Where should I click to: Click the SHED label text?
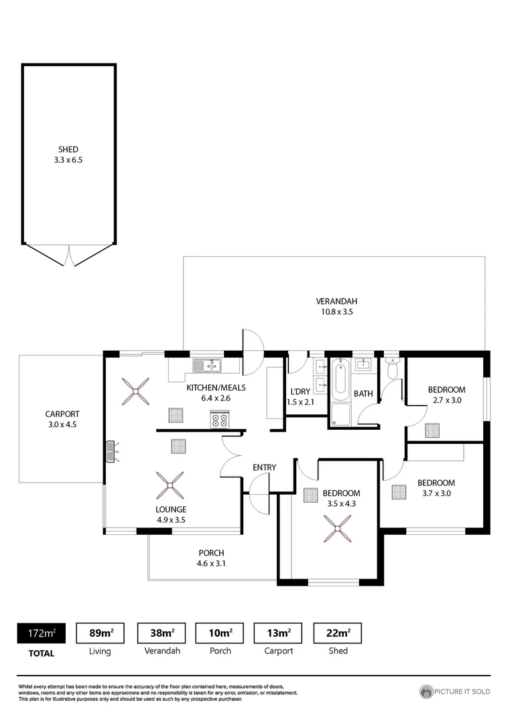[x=68, y=149]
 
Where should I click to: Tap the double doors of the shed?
[x=69, y=254]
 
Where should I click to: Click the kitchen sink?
[x=207, y=366]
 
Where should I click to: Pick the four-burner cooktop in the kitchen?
[x=220, y=420]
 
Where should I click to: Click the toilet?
[x=393, y=368]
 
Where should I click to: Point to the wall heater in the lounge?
[x=112, y=452]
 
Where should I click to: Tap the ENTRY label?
[x=264, y=467]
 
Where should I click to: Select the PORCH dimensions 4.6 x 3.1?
[x=210, y=564]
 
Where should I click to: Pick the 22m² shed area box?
[x=338, y=633]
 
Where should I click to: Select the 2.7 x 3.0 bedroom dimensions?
[x=446, y=400]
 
